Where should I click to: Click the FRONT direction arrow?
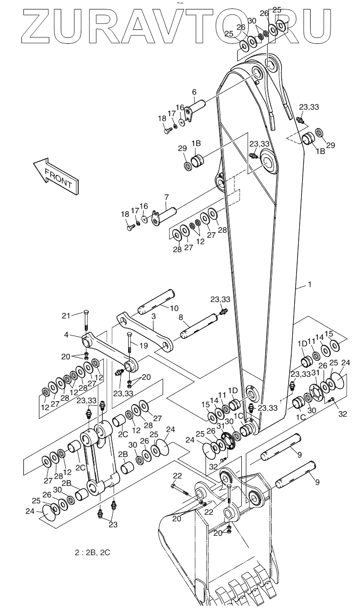[56, 176]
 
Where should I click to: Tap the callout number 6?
[194, 92]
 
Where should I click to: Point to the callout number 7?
[166, 197]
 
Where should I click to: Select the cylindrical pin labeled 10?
[156, 302]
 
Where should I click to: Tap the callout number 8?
[181, 317]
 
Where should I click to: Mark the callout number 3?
[153, 316]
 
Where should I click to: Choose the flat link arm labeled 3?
[145, 333]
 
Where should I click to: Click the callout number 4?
[66, 335]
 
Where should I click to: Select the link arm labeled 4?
[110, 352]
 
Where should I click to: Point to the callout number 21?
[66, 315]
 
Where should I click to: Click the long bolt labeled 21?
[86, 322]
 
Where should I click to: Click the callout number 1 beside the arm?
[309, 285]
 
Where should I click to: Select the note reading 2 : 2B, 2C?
[93, 552]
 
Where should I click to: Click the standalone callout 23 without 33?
[113, 525]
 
